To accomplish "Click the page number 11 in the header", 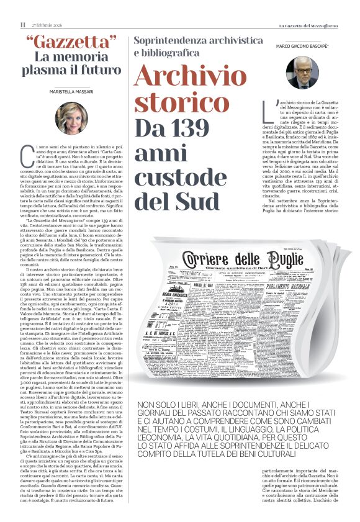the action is tap(22, 25).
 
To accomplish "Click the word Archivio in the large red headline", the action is tap(191, 76).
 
